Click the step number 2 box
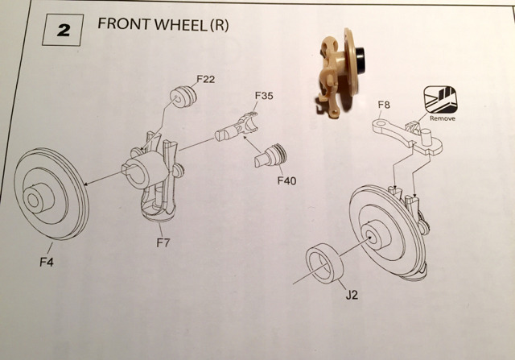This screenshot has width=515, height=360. click(64, 34)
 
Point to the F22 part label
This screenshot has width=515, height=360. click(207, 79)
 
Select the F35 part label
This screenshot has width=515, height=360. click(263, 96)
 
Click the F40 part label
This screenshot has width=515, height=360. click(287, 180)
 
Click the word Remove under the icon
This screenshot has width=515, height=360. click(443, 118)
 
